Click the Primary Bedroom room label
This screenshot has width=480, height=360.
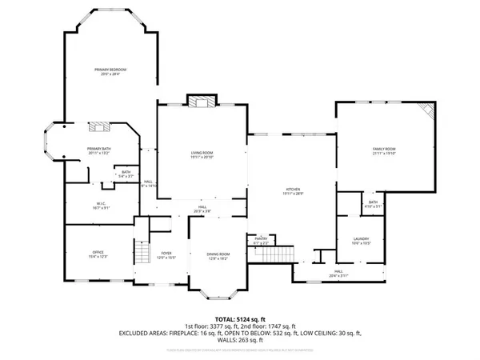[111, 70]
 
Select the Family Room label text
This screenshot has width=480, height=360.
[384, 150]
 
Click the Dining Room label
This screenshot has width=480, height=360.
[218, 254]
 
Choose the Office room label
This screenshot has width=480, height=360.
[97, 253]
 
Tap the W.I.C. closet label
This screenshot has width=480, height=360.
[102, 202]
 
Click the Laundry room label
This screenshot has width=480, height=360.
[362, 239]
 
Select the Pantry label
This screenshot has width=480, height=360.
[261, 238]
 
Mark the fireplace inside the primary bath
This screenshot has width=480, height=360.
[98, 126]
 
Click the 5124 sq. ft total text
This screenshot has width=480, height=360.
[240, 319]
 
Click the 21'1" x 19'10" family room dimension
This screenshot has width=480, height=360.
[384, 154]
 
